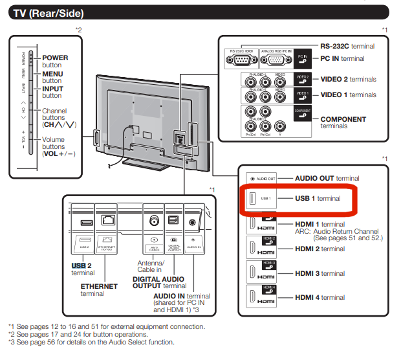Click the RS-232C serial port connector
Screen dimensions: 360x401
coord(241,61)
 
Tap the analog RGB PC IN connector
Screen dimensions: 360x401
coord(276,61)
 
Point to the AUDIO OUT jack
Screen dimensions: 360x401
coord(251,178)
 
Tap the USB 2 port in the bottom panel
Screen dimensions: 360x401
coord(83,223)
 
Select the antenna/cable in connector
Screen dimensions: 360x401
coord(153,220)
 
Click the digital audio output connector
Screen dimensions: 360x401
coord(173,220)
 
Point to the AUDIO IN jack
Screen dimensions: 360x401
coord(193,221)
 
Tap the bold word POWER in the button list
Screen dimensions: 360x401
coord(55,58)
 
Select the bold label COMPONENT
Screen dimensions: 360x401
coord(343,119)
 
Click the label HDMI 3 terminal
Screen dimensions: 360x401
coord(320,273)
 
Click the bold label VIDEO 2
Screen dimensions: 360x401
coord(338,79)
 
